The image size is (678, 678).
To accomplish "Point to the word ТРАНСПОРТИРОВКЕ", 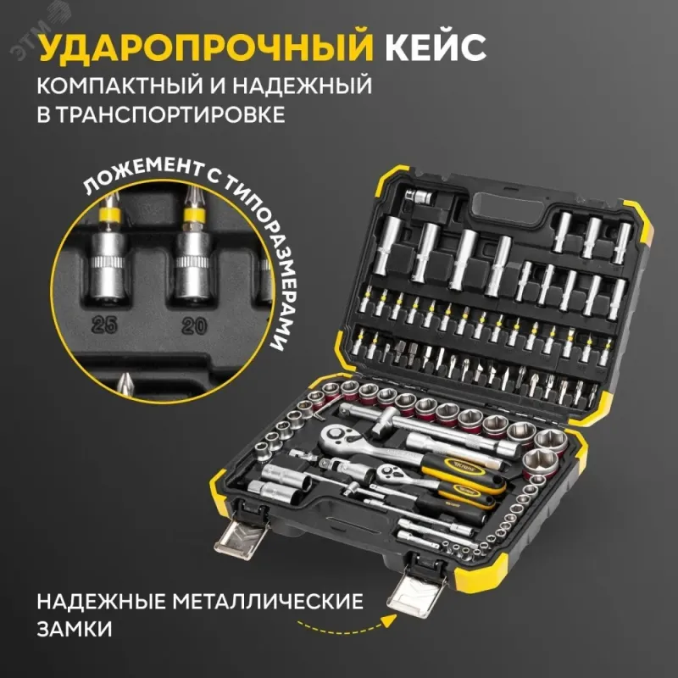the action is [x=170, y=114].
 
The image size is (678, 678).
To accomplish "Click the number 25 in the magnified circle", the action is [x=104, y=325].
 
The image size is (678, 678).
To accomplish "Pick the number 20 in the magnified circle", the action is [x=194, y=326].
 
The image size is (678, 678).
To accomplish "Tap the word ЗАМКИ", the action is [x=75, y=629].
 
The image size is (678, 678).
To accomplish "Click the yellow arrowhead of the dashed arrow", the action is [x=390, y=620].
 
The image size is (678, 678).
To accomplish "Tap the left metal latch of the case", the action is [x=241, y=536].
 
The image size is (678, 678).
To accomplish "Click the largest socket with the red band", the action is [x=541, y=464].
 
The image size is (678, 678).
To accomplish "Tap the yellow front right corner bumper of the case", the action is [x=481, y=570].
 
